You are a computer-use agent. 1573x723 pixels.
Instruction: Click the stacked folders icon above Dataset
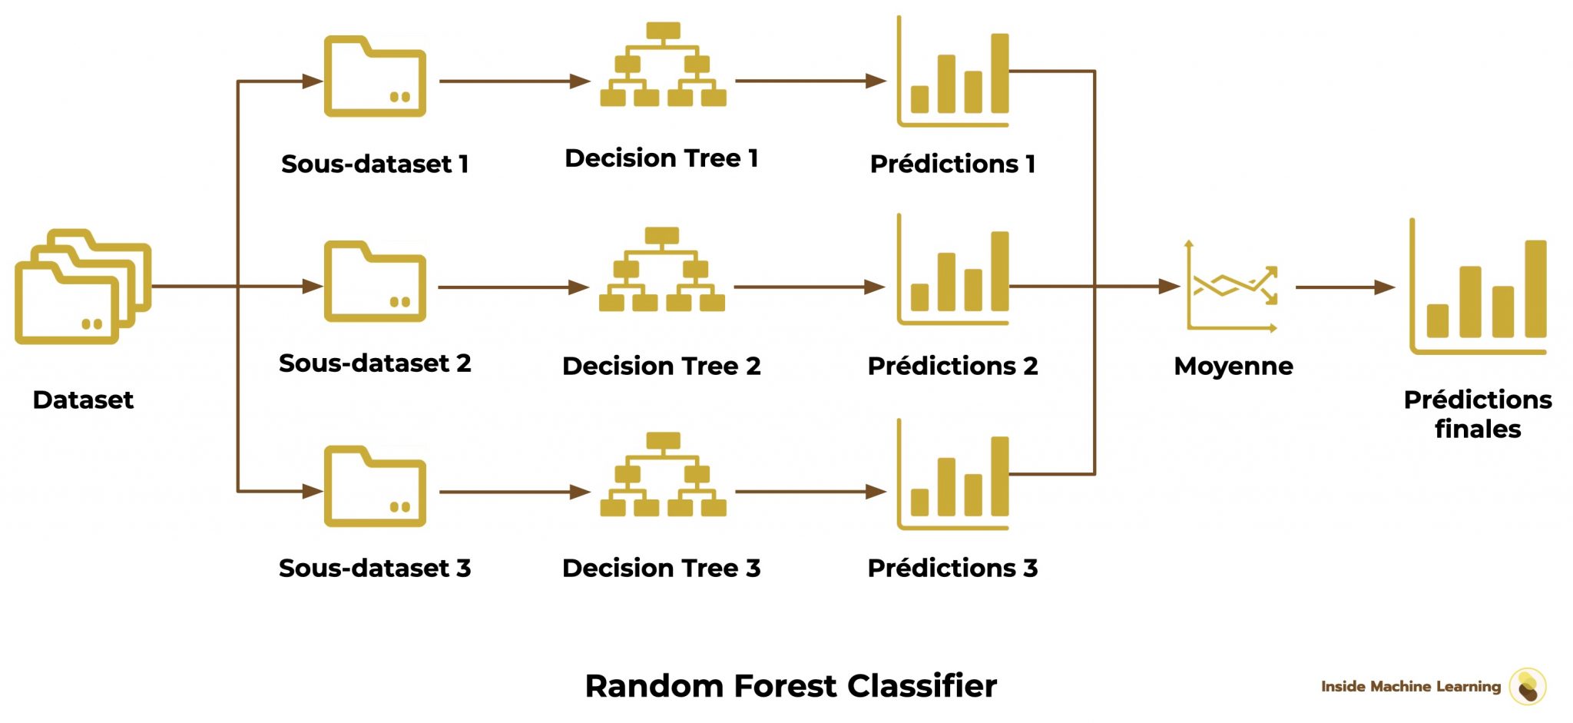coord(83,286)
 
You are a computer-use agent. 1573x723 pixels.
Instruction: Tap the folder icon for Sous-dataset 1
coord(375,77)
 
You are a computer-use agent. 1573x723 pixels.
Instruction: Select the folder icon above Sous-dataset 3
coord(375,486)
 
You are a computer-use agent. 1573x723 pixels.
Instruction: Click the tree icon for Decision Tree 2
coord(662,270)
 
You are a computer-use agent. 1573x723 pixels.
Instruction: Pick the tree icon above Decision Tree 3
coord(663,474)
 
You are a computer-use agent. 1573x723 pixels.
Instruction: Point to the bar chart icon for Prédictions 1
coord(953,73)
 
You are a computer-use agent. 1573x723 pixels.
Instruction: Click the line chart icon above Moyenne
coord(1232,287)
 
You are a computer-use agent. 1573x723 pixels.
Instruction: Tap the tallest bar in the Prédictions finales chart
coord(1535,289)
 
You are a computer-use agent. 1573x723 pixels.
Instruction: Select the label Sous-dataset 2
coord(375,363)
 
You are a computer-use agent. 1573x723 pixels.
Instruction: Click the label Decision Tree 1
coord(661,158)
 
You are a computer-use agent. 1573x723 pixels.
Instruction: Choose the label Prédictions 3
coord(952,568)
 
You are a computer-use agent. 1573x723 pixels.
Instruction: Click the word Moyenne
coord(1234,366)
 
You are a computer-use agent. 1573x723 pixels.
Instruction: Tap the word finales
coord(1478,429)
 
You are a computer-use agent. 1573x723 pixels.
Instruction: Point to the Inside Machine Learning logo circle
coord(1528,686)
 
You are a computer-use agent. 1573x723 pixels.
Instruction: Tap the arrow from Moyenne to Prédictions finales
coord(1344,287)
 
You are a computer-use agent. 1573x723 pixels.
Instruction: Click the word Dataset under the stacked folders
coord(83,400)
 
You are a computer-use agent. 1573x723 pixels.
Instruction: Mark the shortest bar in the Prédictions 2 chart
coord(919,297)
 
